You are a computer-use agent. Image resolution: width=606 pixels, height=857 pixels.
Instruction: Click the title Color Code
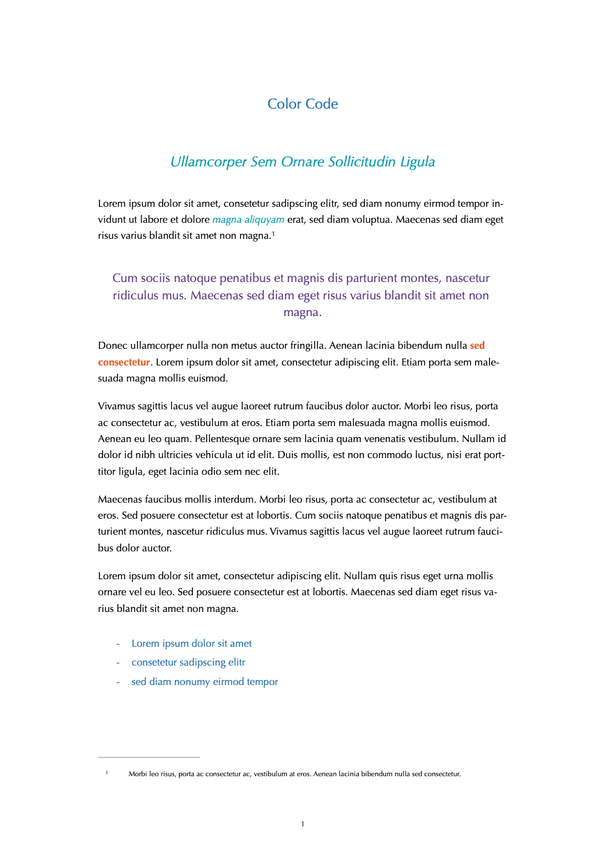(302, 104)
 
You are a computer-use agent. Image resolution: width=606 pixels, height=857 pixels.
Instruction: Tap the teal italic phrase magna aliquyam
(248, 220)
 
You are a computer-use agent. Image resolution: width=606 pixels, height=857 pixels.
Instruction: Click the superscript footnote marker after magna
(274, 234)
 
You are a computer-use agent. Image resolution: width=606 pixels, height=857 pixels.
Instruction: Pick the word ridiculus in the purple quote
(137, 295)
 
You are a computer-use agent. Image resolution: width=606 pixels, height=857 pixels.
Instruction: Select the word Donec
(113, 345)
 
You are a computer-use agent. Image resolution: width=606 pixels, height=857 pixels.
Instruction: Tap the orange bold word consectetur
(124, 362)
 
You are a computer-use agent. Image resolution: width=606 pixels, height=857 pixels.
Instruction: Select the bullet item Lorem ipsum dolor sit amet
(192, 643)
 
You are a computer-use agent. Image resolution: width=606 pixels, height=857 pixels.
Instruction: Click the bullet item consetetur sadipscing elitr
(188, 662)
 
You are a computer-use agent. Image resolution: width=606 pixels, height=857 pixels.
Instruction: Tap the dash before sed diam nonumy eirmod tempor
(118, 682)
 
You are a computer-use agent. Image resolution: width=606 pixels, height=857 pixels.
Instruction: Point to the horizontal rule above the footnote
(149, 757)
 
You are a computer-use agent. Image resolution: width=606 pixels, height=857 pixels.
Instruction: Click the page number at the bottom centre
(303, 824)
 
